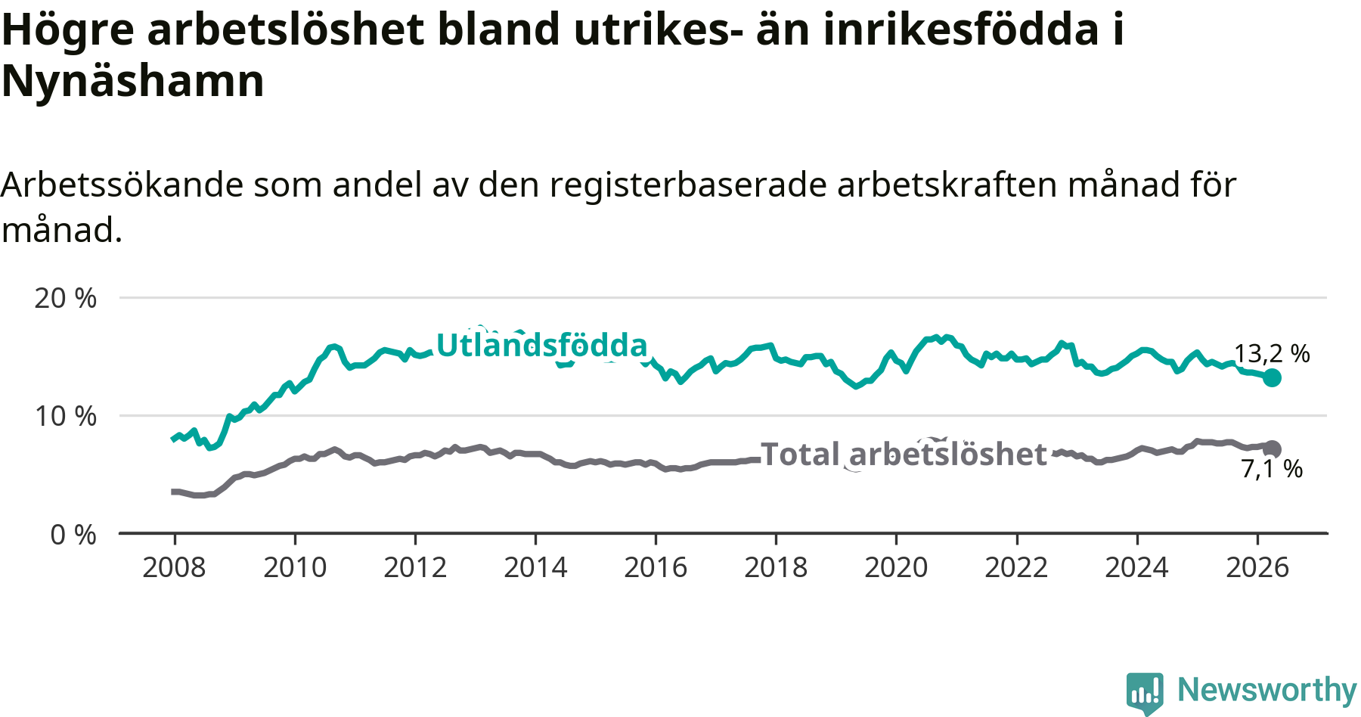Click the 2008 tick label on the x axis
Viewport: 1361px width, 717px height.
[x=174, y=567]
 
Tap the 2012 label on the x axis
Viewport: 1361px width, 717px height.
[x=415, y=567]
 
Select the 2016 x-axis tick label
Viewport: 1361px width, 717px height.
[x=656, y=567]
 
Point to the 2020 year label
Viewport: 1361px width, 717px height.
[x=896, y=567]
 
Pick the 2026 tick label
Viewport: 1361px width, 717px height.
[x=1257, y=567]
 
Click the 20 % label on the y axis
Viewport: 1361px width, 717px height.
[x=66, y=298]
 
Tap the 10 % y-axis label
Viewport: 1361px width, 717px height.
[x=66, y=416]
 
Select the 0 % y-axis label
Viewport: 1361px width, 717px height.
[x=73, y=535]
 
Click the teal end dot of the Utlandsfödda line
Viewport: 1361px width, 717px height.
[x=1273, y=377]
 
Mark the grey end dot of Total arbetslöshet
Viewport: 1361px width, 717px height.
[x=1273, y=449]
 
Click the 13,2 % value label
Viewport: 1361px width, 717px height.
[x=1272, y=353]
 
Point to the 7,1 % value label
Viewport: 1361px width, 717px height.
[x=1272, y=469]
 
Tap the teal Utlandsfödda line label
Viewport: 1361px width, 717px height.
[x=542, y=345]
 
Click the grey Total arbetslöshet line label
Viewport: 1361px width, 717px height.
[x=904, y=454]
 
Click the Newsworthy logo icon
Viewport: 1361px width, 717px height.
[x=1145, y=693]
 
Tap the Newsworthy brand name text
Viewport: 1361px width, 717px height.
[x=1267, y=690]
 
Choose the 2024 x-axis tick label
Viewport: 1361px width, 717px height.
[x=1136, y=567]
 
